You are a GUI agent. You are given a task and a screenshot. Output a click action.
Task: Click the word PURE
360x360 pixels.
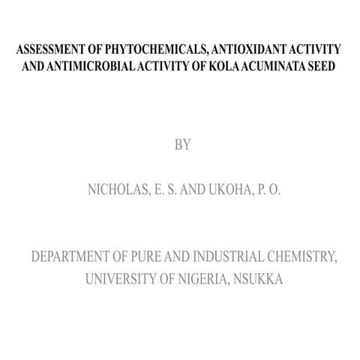170,259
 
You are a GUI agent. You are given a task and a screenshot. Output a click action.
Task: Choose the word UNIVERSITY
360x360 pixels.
123,280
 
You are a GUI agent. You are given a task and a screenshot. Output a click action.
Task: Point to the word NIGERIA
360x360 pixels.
203,280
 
